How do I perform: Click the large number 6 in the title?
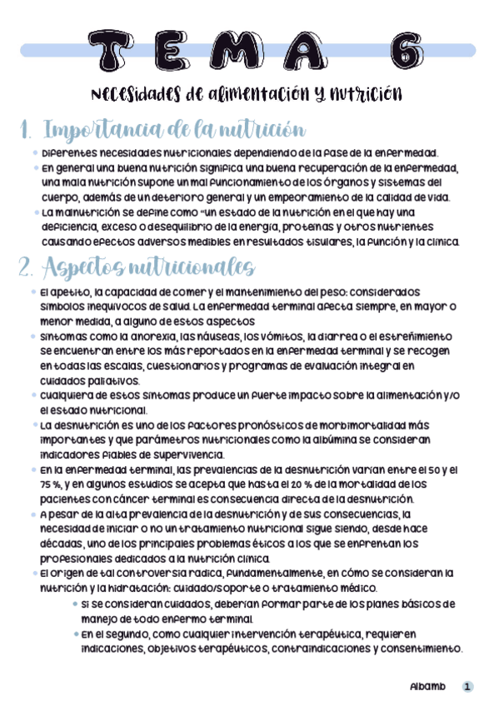408,52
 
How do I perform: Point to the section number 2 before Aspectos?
25,268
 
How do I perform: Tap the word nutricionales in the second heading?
197,268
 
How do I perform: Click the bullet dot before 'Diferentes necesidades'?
34,153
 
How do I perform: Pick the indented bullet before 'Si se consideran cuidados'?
76,604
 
